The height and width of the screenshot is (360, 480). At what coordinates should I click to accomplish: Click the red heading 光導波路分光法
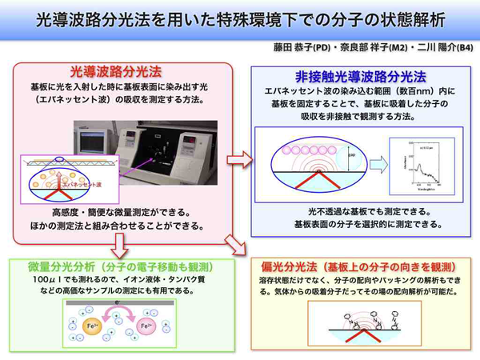point(126,73)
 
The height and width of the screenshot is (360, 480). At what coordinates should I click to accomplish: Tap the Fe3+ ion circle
point(147,326)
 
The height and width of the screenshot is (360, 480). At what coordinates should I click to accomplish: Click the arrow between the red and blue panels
point(235,159)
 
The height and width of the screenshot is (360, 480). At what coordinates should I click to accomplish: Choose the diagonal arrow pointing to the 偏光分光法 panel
point(234,242)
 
